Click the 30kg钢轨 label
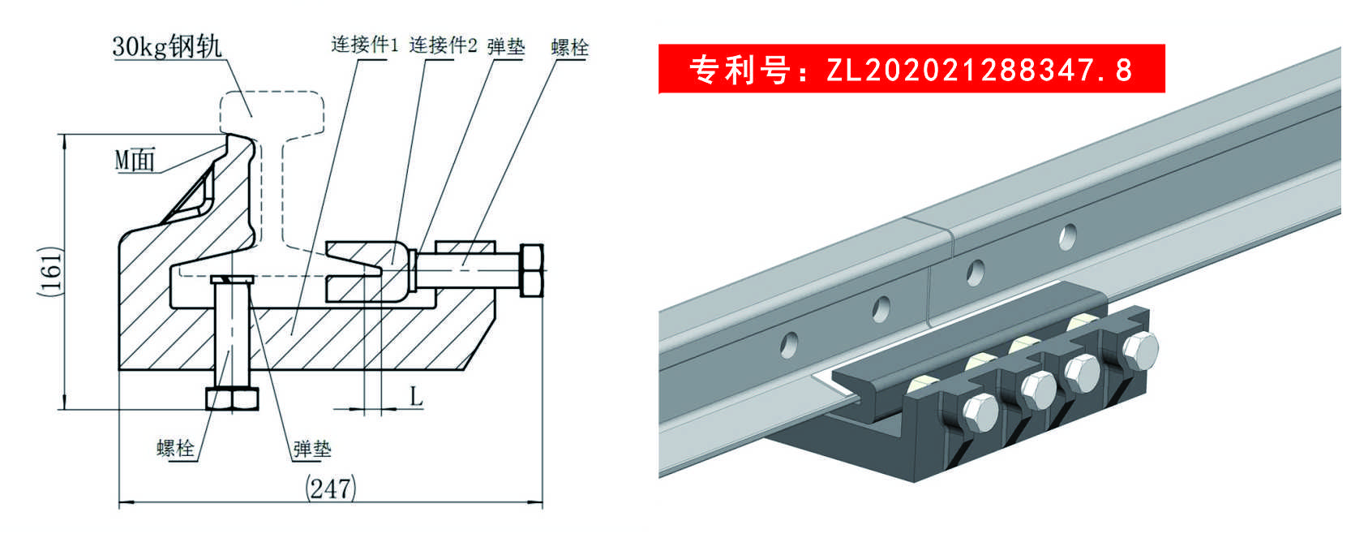click(167, 46)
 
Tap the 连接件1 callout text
click(365, 45)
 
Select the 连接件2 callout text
click(444, 45)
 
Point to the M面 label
click(135, 160)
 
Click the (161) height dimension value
click(50, 271)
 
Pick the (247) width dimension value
click(331, 488)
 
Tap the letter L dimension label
click(416, 397)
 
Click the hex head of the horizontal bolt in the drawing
click(531, 270)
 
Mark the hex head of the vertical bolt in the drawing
click(232, 399)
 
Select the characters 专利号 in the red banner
click(740, 70)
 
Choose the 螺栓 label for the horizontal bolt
click(569, 48)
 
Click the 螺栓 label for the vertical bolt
click(175, 448)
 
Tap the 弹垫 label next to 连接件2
click(506, 46)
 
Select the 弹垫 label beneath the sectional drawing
click(312, 449)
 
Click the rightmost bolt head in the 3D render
click(1140, 351)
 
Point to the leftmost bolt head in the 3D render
click(980, 415)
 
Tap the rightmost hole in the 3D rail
click(1067, 237)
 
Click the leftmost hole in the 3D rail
click(788, 345)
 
